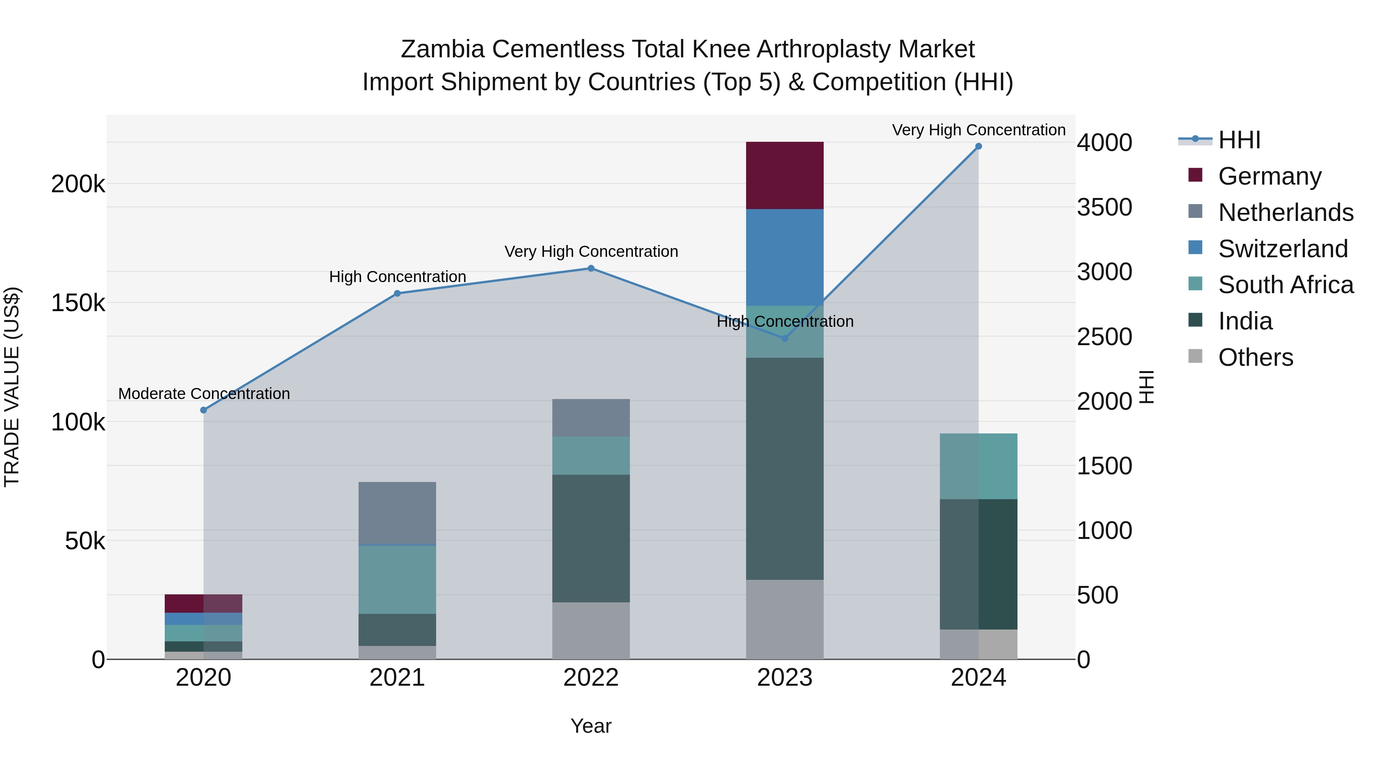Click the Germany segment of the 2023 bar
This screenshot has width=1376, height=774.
(784, 175)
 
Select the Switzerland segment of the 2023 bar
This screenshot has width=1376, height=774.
(784, 257)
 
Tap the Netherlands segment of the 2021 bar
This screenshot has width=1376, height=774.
(397, 513)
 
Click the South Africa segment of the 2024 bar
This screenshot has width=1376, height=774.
(978, 466)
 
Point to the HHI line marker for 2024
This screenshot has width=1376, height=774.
(978, 146)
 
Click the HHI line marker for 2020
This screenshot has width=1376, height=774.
(203, 410)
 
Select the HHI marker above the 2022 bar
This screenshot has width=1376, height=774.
(591, 268)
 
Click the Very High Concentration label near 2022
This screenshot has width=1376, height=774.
(591, 252)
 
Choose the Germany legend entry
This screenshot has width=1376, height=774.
(1269, 176)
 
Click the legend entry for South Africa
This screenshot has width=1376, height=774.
(1285, 285)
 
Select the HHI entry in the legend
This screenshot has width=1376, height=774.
(1239, 140)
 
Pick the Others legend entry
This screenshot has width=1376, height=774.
(1255, 357)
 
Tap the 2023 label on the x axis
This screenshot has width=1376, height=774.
(784, 678)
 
